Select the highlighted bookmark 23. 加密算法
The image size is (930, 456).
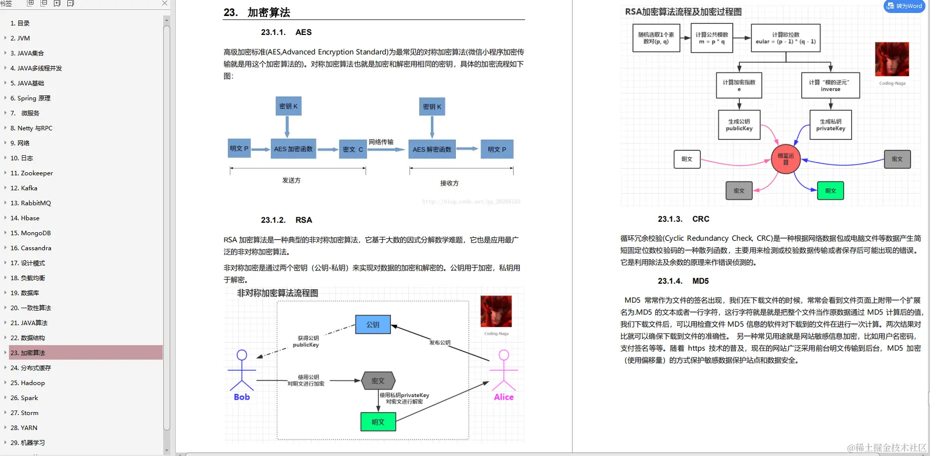32,353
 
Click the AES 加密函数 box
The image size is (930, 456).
293,149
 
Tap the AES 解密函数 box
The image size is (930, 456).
432,149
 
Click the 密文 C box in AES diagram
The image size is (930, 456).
353,149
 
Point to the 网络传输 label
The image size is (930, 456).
381,142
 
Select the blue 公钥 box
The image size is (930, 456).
373,325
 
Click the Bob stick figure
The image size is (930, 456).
242,372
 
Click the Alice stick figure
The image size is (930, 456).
504,372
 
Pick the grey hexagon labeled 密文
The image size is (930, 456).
378,381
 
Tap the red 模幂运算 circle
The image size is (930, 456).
786,159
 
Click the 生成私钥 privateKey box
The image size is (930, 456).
831,125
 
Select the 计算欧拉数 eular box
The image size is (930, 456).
786,38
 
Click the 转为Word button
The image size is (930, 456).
904,6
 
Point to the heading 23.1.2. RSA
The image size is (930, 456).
287,220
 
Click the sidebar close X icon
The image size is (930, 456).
165,3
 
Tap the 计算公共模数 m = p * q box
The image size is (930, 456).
712,38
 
